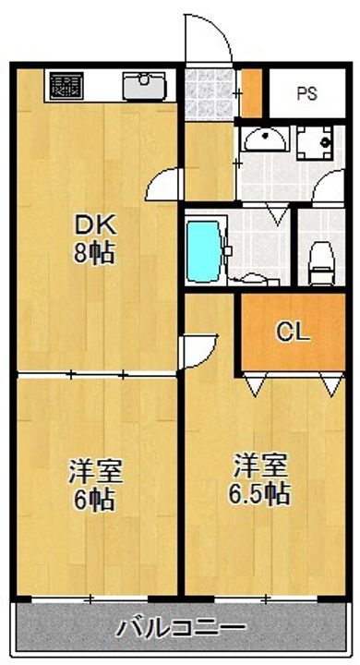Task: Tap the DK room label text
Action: tap(94, 224)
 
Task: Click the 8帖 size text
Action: tap(94, 252)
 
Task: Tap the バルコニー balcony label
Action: tap(181, 630)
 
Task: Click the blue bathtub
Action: tap(203, 249)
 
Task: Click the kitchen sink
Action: tap(142, 89)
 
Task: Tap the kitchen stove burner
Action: tap(66, 89)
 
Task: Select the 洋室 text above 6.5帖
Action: tap(258, 464)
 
